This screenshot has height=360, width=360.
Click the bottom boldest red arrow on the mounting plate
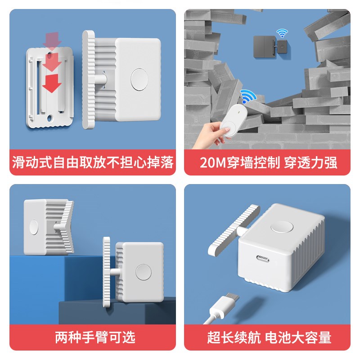click(54, 83)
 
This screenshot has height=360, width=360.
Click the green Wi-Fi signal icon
click(282, 33)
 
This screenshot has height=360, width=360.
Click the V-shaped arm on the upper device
click(67, 226)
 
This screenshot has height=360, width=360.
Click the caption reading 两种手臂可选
click(95, 337)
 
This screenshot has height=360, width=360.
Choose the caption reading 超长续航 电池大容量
click(269, 337)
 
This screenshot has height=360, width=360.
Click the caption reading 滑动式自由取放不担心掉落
click(93, 162)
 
